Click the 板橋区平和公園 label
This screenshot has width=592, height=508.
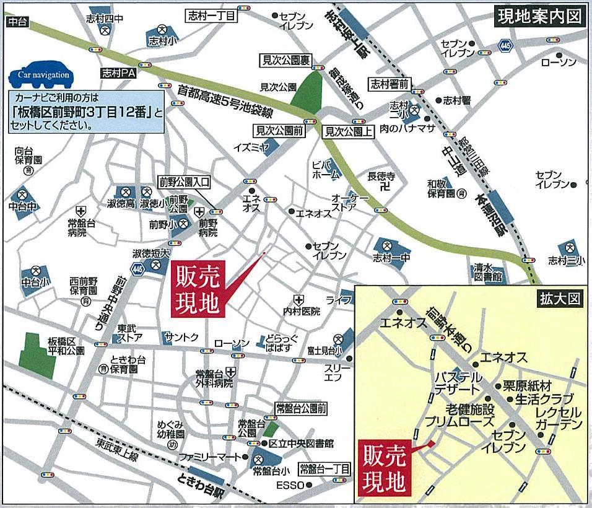pyautogui.click(x=66, y=347)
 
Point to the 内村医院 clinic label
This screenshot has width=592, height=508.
pyautogui.click(x=302, y=311)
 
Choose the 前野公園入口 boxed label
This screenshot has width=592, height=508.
pyautogui.click(x=185, y=182)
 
